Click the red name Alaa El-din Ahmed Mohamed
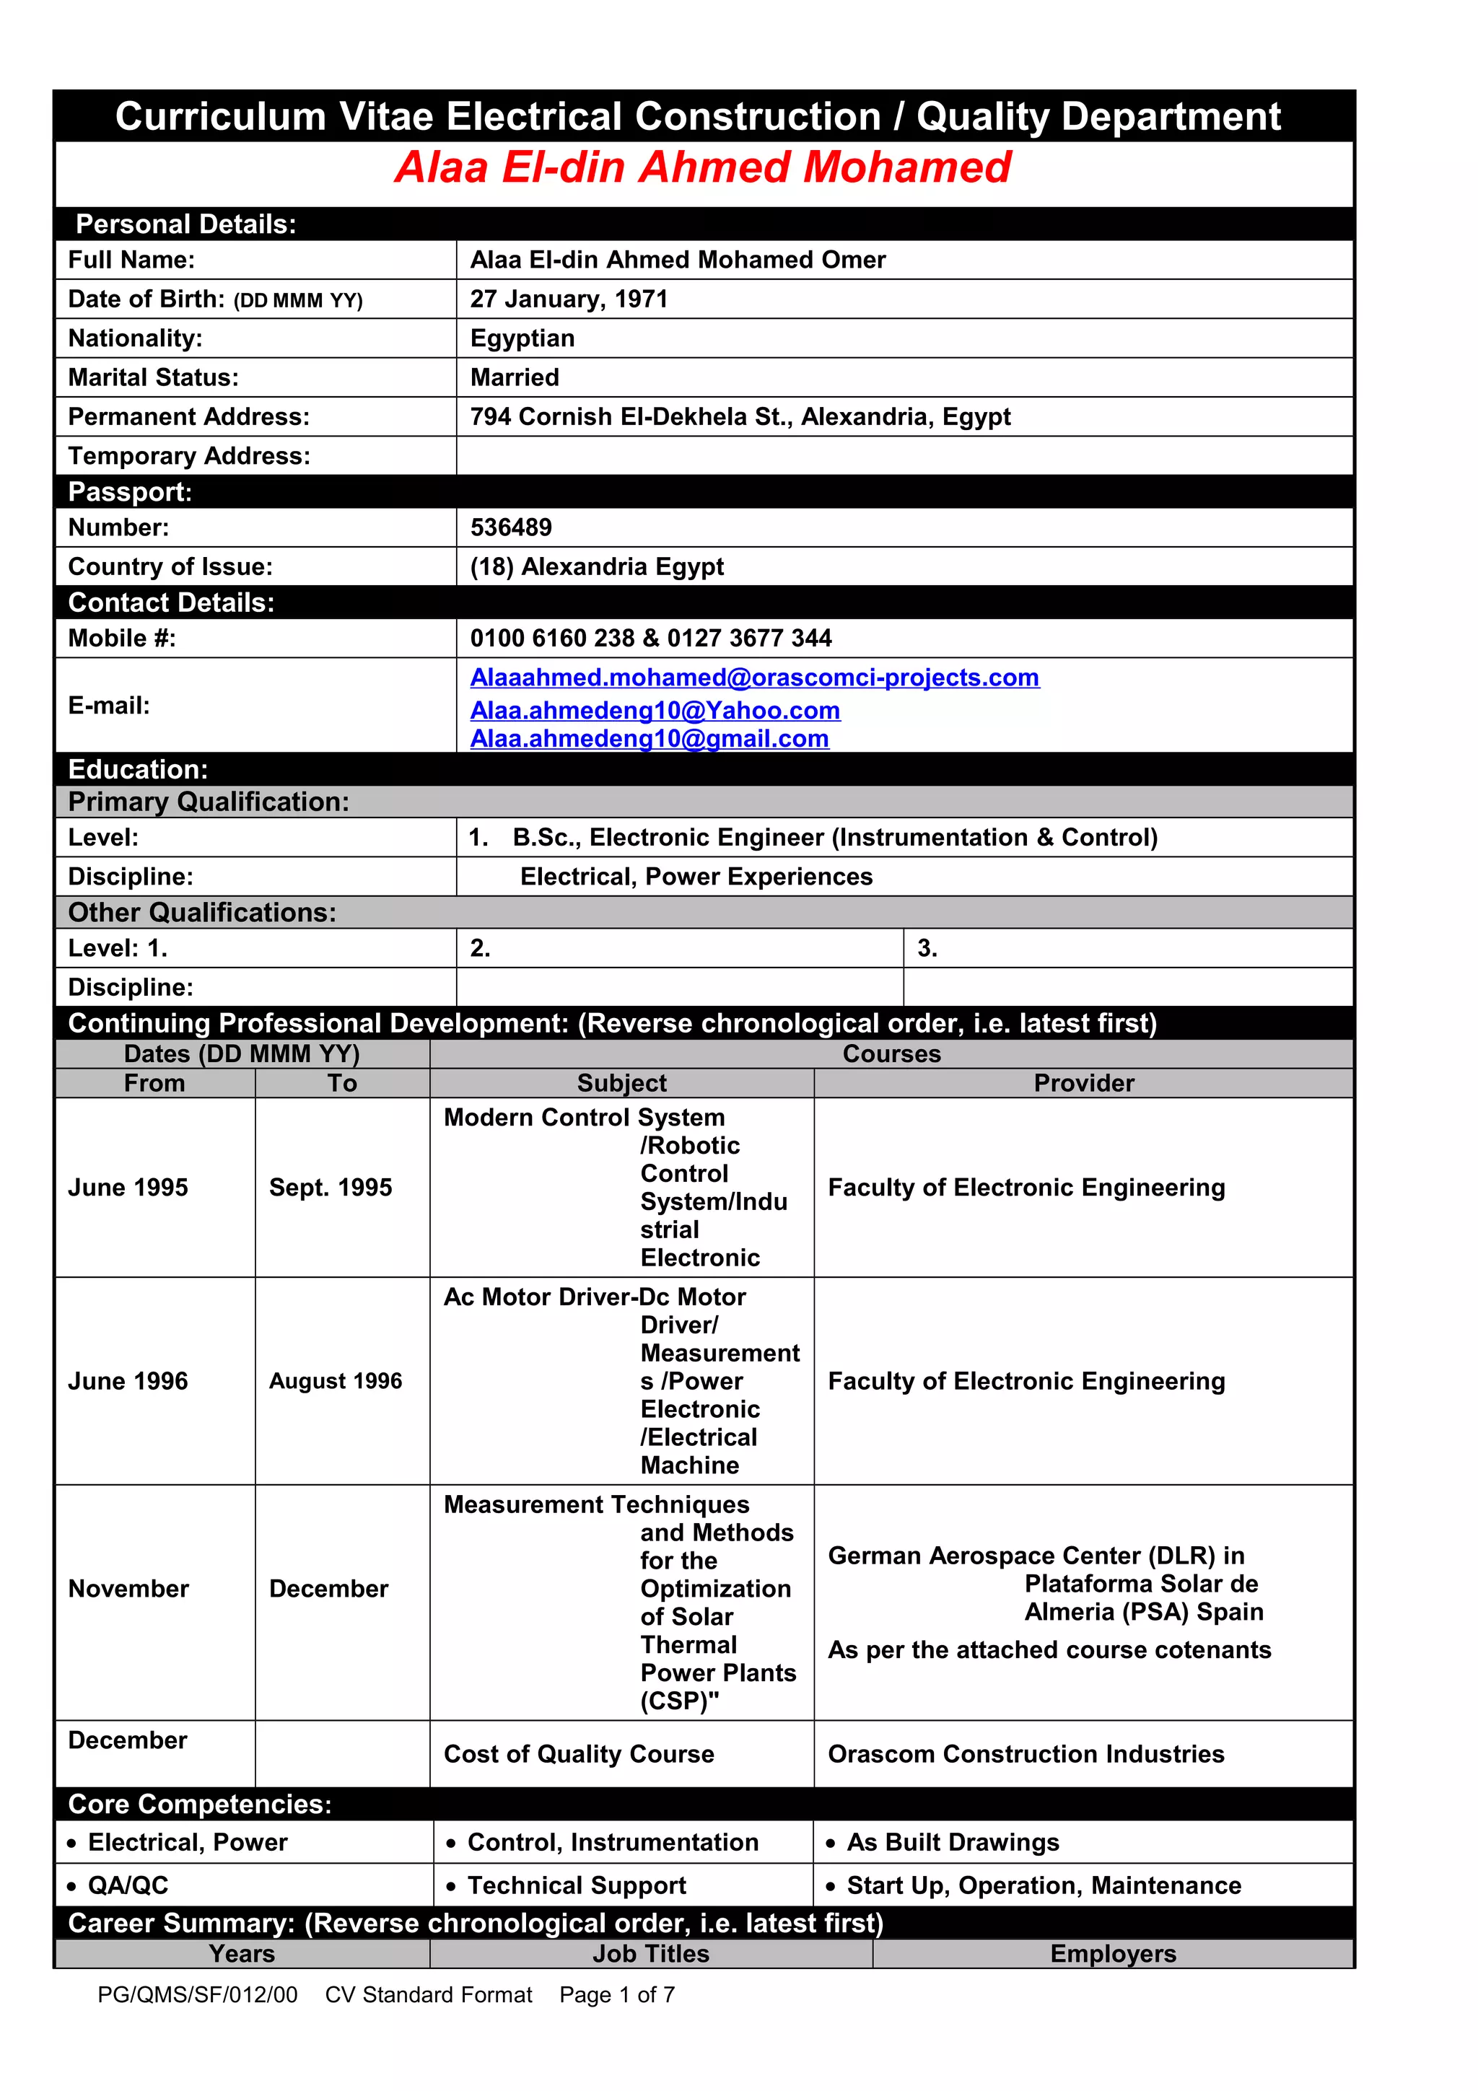point(702,167)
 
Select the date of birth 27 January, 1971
point(568,299)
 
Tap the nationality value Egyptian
point(522,339)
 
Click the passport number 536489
point(510,527)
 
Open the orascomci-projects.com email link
point(754,678)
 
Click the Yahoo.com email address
point(655,711)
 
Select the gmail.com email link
point(650,739)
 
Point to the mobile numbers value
point(650,639)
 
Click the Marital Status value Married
point(515,378)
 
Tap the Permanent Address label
point(188,417)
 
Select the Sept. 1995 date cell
point(331,1188)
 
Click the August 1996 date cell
point(335,1382)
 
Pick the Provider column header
point(1084,1084)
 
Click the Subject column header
point(621,1084)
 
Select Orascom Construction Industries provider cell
point(1026,1754)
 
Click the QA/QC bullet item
point(128,1885)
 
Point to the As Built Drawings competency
point(953,1842)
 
